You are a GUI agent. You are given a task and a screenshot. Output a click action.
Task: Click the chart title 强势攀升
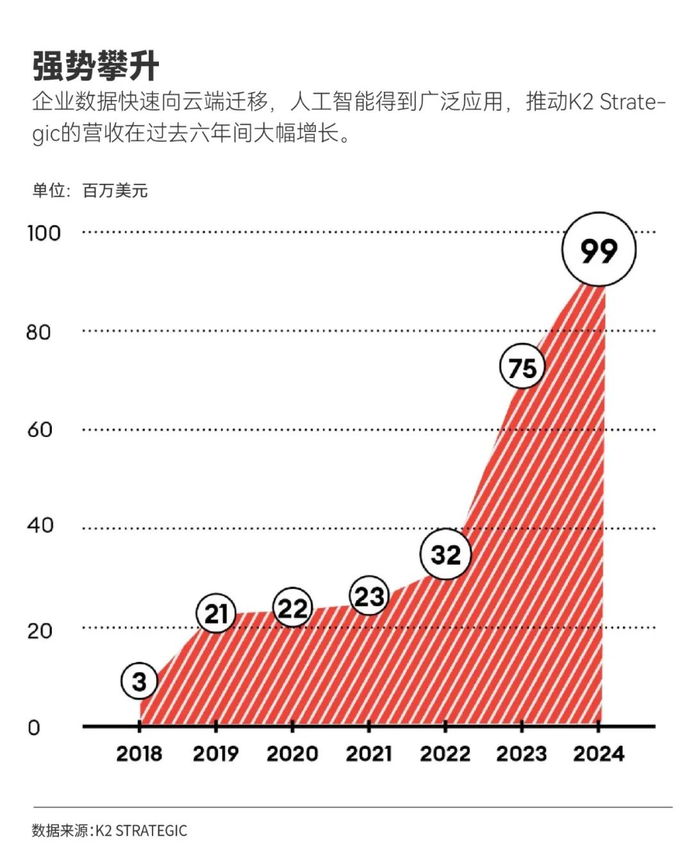96,66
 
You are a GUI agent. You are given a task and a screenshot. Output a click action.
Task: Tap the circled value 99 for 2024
598,250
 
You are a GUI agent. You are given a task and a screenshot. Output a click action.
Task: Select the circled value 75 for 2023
522,368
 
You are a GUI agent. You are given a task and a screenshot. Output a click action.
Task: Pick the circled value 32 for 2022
445,554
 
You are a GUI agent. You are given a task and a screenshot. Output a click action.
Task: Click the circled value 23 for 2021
369,597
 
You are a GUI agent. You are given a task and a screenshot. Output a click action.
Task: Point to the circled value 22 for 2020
292,607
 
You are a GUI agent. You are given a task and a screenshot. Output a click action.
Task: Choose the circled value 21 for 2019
216,613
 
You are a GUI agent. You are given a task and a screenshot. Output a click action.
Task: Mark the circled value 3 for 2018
139,681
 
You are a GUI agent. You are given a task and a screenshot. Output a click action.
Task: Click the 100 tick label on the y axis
44,233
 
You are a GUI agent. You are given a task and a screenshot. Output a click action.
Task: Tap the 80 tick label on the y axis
38,332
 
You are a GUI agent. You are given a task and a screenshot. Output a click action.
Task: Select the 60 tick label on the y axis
39,429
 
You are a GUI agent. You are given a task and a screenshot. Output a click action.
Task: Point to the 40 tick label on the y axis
38,525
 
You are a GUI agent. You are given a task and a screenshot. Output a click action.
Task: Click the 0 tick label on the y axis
33,727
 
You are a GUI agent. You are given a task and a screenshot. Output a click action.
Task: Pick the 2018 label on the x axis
139,754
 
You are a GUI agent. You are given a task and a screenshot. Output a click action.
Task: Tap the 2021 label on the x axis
369,754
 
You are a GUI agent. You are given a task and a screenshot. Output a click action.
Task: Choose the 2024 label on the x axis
598,754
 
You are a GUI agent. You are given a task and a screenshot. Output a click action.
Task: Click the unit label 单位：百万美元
90,190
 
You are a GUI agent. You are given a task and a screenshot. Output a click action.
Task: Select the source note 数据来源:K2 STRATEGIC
110,830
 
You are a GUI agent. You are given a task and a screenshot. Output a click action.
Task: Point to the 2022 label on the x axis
445,754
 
